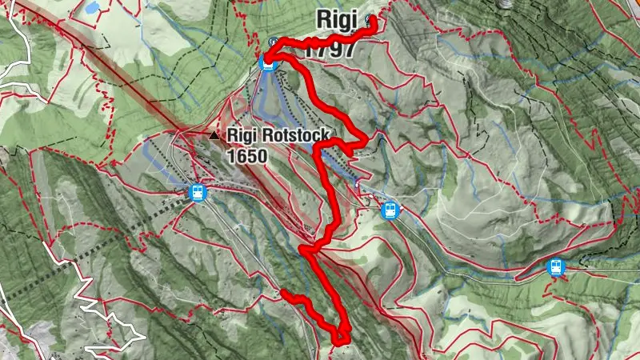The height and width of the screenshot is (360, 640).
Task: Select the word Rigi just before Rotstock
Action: [x=242, y=137]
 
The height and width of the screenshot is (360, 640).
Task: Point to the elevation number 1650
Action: [x=246, y=156]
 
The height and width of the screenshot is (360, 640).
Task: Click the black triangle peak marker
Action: [x=214, y=137]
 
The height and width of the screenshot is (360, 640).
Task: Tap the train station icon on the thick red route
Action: [x=269, y=60]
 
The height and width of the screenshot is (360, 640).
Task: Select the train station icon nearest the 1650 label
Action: [x=197, y=192]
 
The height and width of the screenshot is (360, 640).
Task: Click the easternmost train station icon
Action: [x=555, y=268]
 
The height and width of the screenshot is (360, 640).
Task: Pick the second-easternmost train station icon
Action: [x=390, y=210]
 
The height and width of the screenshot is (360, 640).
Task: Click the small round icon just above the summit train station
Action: [x=274, y=41]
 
